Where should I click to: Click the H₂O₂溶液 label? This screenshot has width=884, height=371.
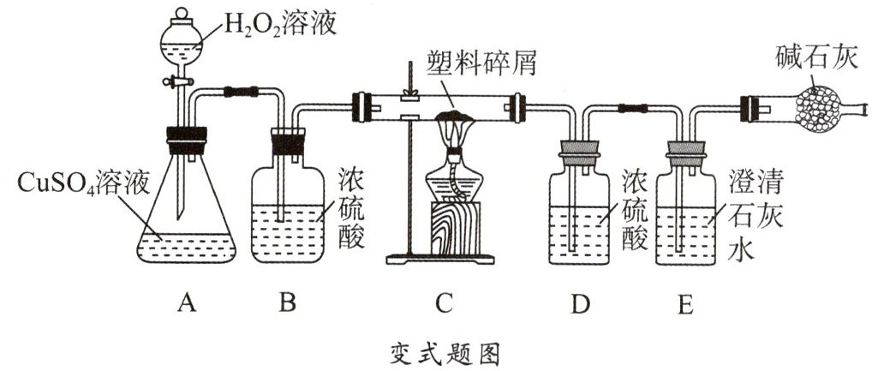[279, 24]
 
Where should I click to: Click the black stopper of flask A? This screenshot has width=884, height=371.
[186, 137]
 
